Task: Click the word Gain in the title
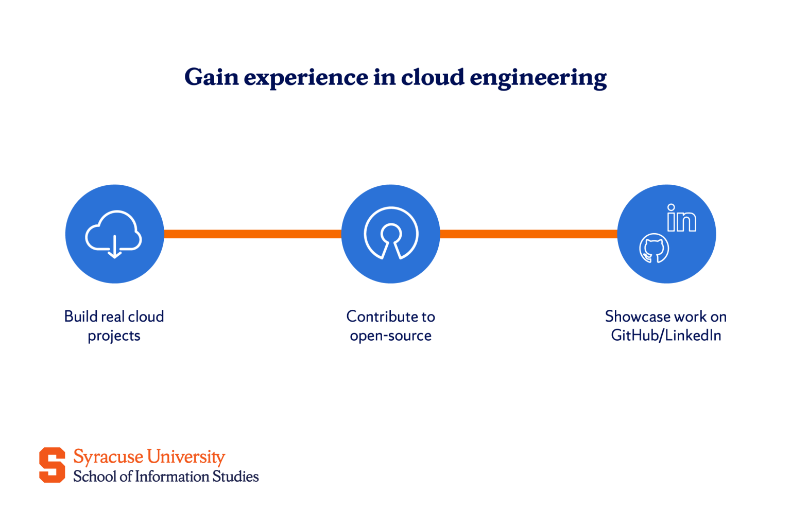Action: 212,77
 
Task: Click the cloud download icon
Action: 114,234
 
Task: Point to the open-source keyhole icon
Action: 391,233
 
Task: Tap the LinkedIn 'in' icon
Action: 681,218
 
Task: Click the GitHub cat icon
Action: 654,249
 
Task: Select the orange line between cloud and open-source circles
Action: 252,234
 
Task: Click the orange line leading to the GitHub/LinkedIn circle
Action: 528,234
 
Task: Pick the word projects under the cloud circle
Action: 114,336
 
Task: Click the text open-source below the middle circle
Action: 390,336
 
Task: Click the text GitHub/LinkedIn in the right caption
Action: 666,336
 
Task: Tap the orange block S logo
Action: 52,465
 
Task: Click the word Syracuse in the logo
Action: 108,457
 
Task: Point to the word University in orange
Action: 186,457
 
